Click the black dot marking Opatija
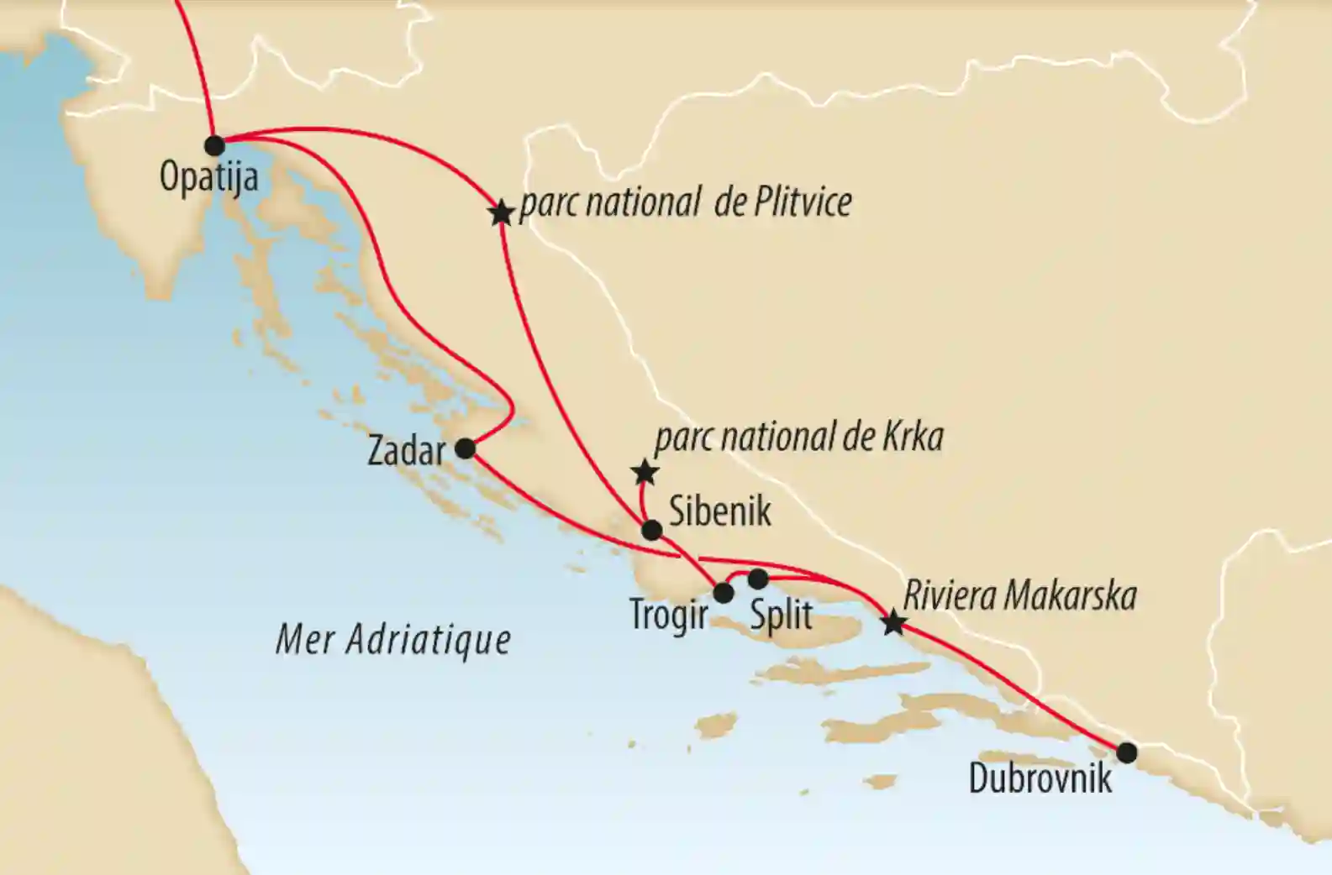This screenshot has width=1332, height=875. pyautogui.click(x=215, y=146)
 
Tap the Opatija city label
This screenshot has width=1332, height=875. pyautogui.click(x=208, y=178)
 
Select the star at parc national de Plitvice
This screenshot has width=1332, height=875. pyautogui.click(x=501, y=213)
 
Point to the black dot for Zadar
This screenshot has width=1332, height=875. pyautogui.click(x=465, y=449)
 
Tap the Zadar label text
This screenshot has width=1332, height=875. pyautogui.click(x=407, y=452)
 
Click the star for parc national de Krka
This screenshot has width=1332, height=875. pyautogui.click(x=645, y=473)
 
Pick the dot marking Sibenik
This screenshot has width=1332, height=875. pyautogui.click(x=651, y=531)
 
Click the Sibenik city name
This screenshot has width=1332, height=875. pyautogui.click(x=719, y=511)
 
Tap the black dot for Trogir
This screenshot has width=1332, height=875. pyautogui.click(x=723, y=594)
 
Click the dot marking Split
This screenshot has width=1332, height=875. pyautogui.click(x=757, y=579)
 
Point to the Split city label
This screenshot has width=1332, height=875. pyautogui.click(x=781, y=616)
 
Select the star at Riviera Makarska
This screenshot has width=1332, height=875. pyautogui.click(x=894, y=623)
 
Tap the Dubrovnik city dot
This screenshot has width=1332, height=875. pyautogui.click(x=1126, y=752)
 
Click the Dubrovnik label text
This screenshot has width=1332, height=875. pyautogui.click(x=1040, y=778)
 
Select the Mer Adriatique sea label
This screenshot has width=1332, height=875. pyautogui.click(x=393, y=640)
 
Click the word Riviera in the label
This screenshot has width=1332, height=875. pyautogui.click(x=948, y=596)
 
